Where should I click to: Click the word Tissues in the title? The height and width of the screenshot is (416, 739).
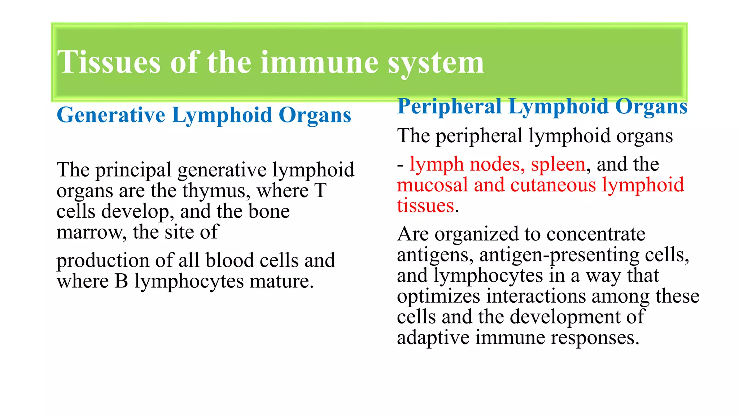tap(108, 62)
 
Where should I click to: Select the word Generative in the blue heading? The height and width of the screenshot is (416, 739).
tap(111, 115)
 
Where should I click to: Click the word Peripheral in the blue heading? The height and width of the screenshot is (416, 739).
tap(450, 107)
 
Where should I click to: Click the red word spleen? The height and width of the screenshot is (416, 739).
tap(558, 164)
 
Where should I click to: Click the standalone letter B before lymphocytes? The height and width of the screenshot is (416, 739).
tap(121, 281)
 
